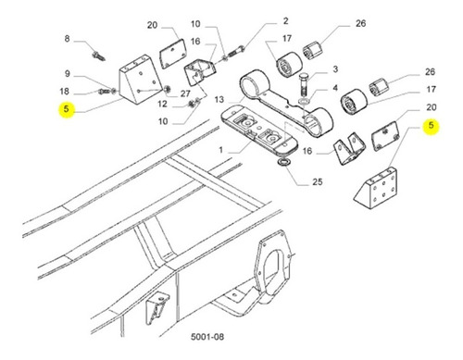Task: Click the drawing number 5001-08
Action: [x=207, y=336]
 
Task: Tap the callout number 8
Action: [x=67, y=39]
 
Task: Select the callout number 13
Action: [x=219, y=100]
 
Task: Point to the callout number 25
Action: [x=318, y=182]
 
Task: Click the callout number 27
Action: [x=185, y=93]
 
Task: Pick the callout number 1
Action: [x=220, y=150]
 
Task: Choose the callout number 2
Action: [x=286, y=21]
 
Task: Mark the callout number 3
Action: [x=335, y=69]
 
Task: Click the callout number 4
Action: [x=335, y=88]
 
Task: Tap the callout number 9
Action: [x=68, y=74]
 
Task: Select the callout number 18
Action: [x=64, y=92]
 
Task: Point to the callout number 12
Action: [x=162, y=104]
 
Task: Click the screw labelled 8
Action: [x=98, y=56]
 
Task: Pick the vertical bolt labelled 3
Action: [x=304, y=83]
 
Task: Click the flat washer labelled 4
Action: [x=305, y=102]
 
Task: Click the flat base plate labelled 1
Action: [x=259, y=131]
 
